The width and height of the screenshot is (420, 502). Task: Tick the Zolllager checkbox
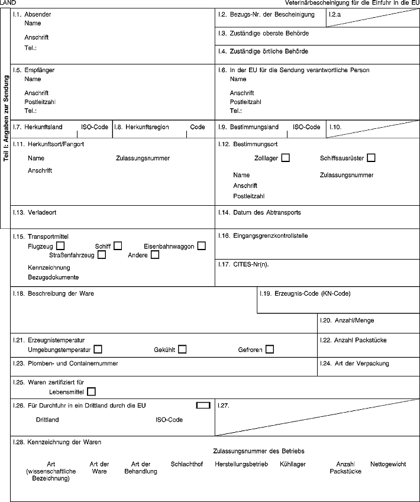pyautogui.click(x=286, y=158)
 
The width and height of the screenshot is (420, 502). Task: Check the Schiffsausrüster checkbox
pyautogui.click(x=371, y=158)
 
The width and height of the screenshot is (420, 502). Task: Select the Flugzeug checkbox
pyautogui.click(x=61, y=246)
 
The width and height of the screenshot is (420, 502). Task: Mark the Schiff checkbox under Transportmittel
pyautogui.click(x=118, y=246)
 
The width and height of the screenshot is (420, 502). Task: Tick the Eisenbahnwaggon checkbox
pyautogui.click(x=202, y=246)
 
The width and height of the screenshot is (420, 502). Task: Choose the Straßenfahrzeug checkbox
pyautogui.click(x=102, y=255)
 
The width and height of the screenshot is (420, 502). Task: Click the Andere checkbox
pyautogui.click(x=155, y=255)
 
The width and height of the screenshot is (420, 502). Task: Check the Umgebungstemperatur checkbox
pyautogui.click(x=98, y=349)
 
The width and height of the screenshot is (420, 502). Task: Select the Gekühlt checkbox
pyautogui.click(x=182, y=349)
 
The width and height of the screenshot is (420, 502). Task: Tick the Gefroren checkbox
pyautogui.click(x=270, y=349)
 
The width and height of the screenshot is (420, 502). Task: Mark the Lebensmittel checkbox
pyautogui.click(x=91, y=391)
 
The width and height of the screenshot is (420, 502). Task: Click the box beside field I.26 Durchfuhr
pyautogui.click(x=203, y=405)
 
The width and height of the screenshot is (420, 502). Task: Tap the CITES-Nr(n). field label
pyautogui.click(x=244, y=264)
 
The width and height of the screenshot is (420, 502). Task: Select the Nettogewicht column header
pyautogui.click(x=388, y=464)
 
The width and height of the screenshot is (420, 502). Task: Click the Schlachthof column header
pyautogui.click(x=186, y=464)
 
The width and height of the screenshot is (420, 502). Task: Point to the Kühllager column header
pyautogui.click(x=293, y=464)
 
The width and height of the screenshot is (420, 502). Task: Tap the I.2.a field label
pyautogui.click(x=335, y=14)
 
